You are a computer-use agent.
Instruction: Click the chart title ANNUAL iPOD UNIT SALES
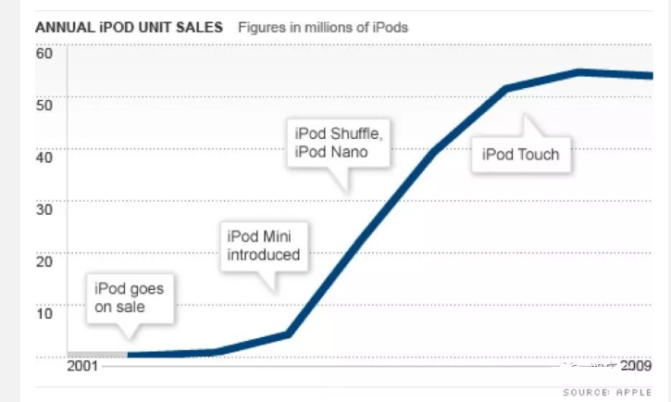click(x=129, y=27)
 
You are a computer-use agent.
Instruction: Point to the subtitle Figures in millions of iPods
click(x=323, y=27)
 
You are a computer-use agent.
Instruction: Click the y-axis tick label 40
click(x=44, y=155)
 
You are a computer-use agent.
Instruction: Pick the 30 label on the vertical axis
click(x=44, y=207)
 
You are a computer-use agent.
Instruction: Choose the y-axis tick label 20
click(x=44, y=260)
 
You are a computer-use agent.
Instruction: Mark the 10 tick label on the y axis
click(x=44, y=312)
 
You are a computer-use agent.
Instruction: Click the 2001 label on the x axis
click(x=84, y=365)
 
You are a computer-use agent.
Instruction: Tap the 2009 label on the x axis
click(x=636, y=365)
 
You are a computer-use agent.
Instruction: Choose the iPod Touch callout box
click(x=521, y=154)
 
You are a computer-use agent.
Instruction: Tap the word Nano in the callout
click(x=350, y=152)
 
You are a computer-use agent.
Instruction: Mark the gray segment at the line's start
click(x=97, y=354)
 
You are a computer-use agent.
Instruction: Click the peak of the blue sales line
click(x=578, y=71)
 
